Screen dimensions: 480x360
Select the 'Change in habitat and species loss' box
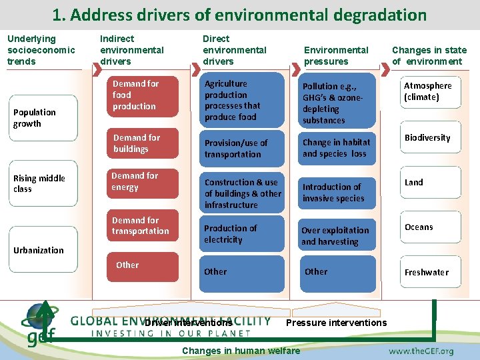click(337, 148)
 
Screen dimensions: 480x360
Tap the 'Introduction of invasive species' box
click(337, 193)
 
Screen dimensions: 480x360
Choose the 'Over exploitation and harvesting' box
click(337, 236)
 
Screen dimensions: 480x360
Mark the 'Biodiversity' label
click(427, 138)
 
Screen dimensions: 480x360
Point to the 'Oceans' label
click(419, 227)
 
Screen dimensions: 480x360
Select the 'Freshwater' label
click(427, 272)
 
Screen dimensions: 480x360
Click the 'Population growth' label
click(35, 118)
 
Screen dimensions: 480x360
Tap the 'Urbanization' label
click(39, 250)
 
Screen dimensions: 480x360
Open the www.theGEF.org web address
click(421, 351)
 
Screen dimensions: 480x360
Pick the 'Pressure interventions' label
click(336, 323)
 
